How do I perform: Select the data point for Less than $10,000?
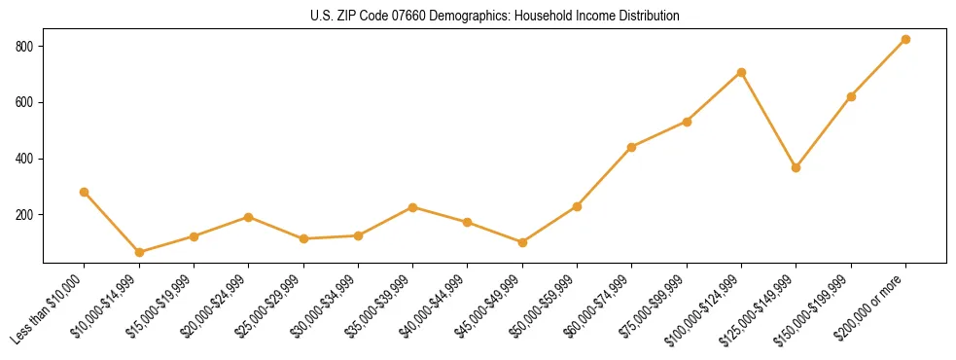coord(85,192)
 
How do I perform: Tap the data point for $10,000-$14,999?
coord(139,252)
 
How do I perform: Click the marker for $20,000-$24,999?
coord(249,217)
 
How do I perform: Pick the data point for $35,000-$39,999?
coord(413,207)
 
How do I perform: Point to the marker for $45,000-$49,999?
coord(522,242)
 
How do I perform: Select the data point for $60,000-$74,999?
coord(632,147)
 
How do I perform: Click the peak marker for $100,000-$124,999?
coord(742,72)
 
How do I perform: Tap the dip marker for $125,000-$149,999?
coord(797,167)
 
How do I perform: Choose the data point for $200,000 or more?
coord(906,39)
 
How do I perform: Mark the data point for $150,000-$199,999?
coord(852,96)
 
